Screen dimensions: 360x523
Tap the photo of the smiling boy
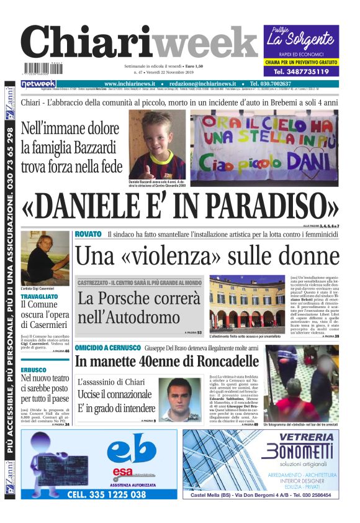[x=156, y=144]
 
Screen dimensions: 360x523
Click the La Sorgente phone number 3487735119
[x=301, y=71]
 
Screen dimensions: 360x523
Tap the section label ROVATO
[x=88, y=234]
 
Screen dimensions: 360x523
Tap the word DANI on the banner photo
[x=313, y=166]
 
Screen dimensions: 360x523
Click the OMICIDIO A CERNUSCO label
[x=107, y=348]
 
